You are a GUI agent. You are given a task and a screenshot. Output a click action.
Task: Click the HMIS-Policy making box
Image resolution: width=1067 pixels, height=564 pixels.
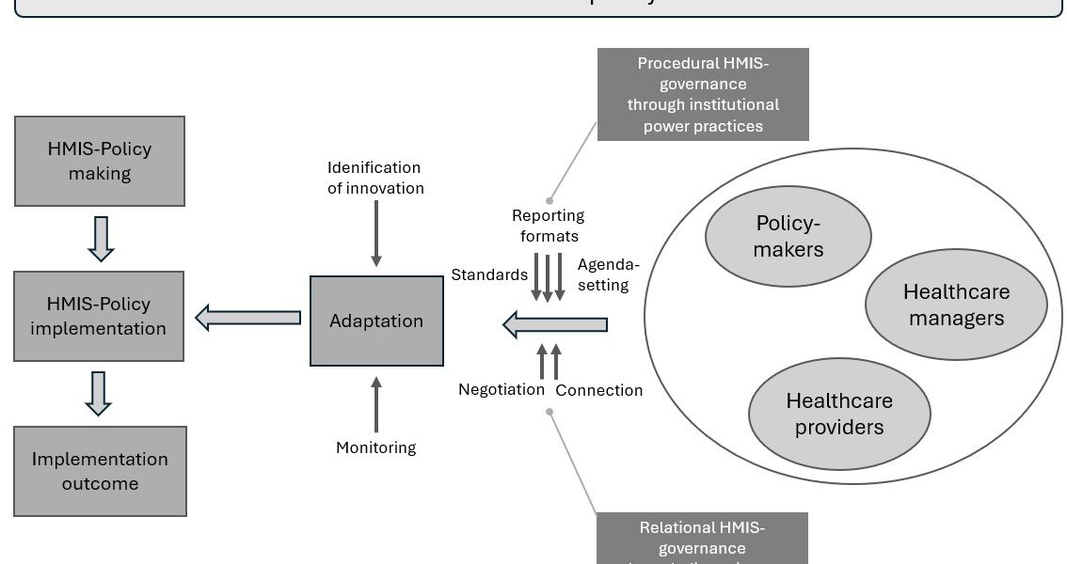pos(99,161)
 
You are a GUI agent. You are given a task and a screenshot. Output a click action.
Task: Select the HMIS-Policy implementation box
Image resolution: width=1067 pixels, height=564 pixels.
pos(99,317)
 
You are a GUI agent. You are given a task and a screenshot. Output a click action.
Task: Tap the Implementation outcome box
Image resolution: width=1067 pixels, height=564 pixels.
pos(100,471)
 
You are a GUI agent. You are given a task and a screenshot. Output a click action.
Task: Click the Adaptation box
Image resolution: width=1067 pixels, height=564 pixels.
pos(376,321)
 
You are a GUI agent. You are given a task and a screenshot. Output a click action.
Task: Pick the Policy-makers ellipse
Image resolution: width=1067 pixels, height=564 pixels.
pos(788,236)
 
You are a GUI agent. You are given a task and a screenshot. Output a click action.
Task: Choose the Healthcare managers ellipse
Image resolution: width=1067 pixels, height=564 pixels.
pos(956,305)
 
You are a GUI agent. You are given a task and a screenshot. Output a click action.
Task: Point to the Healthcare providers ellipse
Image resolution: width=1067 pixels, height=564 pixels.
pos(839,414)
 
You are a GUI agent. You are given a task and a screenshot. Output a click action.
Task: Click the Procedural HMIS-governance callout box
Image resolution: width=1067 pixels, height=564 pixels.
pos(703,94)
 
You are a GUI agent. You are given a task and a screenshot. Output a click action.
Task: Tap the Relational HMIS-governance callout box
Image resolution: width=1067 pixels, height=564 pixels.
pos(703,538)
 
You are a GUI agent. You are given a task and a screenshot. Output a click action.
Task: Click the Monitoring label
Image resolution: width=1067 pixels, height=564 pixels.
pos(375,447)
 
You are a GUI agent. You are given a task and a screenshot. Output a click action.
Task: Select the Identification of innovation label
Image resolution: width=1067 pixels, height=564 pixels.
pos(375,178)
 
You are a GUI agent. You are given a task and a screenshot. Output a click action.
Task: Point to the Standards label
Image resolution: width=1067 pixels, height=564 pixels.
pos(489,274)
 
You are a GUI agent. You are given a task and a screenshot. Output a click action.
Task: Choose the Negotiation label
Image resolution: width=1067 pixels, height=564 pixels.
pos(502,389)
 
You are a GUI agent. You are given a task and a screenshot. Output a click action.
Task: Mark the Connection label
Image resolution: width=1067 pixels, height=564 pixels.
pos(599,390)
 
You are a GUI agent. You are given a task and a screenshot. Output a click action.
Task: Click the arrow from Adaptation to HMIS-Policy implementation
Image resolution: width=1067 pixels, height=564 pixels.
pos(248,318)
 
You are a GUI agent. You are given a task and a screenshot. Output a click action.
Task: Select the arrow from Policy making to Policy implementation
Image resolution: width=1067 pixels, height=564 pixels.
pos(100,239)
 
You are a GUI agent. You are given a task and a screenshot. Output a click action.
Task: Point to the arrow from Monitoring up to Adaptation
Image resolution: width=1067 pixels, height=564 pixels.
pos(376,404)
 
